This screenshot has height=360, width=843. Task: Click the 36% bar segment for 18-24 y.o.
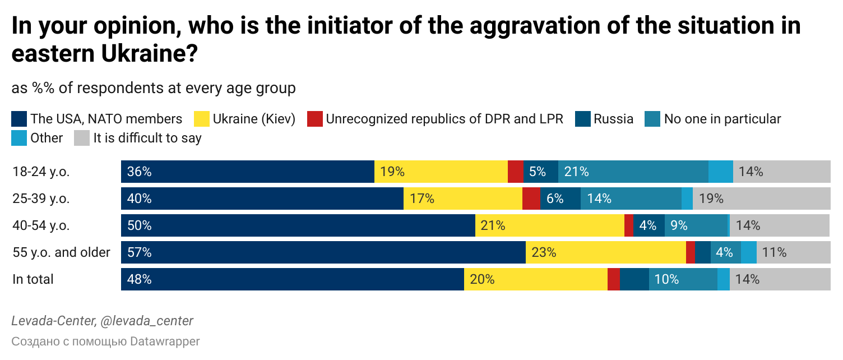pos(248,172)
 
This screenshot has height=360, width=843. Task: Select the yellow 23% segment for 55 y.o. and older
pos(606,252)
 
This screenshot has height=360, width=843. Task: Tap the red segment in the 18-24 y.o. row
pos(516,172)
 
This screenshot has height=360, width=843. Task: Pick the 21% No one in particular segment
pos(633,172)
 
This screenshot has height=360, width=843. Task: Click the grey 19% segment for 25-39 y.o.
pos(762,199)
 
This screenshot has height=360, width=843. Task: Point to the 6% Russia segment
pos(561,199)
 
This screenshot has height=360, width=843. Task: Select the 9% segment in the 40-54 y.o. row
pos(696,225)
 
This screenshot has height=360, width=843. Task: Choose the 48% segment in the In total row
pos(293,279)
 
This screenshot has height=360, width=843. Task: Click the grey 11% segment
pos(794,252)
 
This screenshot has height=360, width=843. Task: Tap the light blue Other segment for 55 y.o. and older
pos(749,252)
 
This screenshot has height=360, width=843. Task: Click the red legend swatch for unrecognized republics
pos(315,119)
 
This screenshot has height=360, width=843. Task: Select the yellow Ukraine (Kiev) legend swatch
pos(202,119)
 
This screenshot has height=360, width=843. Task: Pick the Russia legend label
pos(613,119)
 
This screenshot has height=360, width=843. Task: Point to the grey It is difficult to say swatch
pos(82,138)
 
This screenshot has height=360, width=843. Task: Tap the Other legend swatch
pos(19,138)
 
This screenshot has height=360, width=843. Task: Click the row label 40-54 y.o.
pos(41,225)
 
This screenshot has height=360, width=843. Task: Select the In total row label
pos(33,279)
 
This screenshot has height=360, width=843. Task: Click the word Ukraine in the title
pos(150,53)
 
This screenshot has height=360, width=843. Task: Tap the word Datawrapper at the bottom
pos(165,341)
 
